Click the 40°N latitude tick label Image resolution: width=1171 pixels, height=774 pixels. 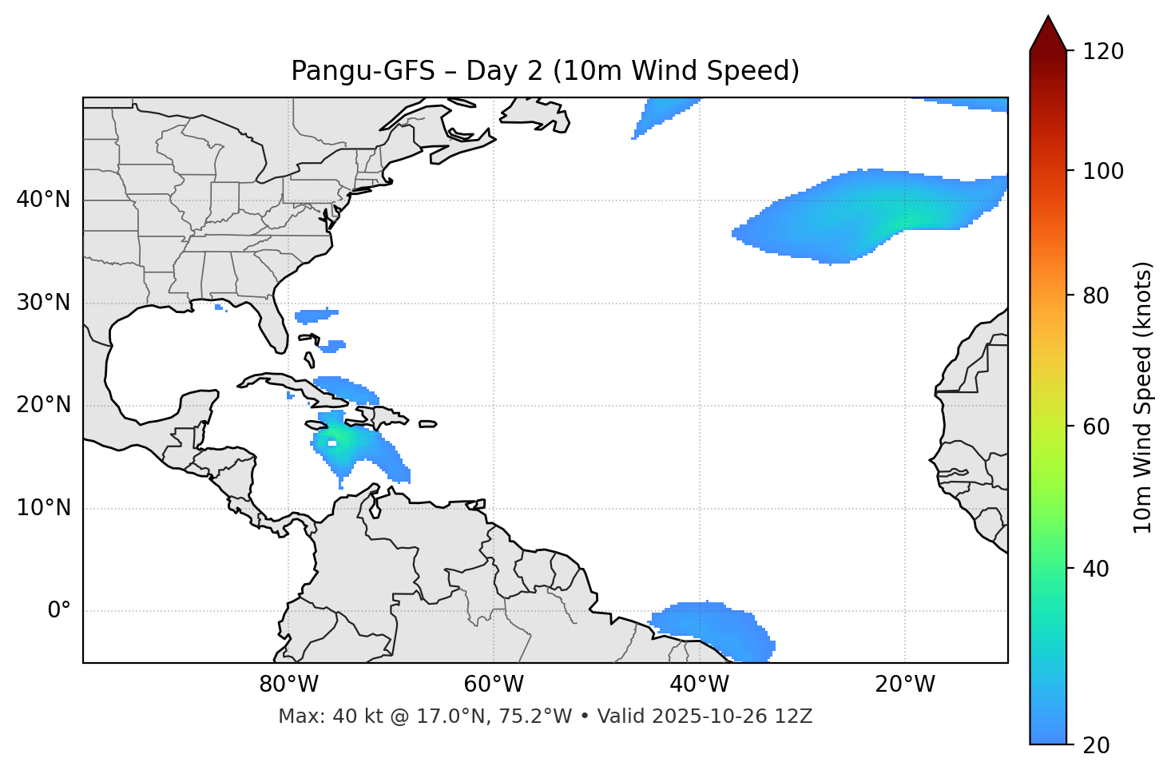tap(43, 200)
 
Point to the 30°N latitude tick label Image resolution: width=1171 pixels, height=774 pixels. tap(43, 303)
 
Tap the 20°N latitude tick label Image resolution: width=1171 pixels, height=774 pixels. tap(43, 405)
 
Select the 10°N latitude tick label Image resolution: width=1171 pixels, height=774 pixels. tap(43, 508)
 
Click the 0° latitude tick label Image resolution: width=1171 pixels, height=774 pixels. tap(59, 611)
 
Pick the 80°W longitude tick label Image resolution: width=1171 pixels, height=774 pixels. tap(288, 685)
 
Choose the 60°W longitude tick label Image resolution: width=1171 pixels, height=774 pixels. tap(494, 685)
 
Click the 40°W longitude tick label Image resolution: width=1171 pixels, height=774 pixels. tap(700, 685)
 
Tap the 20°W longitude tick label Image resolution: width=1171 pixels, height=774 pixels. tap(905, 685)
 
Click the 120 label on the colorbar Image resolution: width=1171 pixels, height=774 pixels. tap(1103, 51)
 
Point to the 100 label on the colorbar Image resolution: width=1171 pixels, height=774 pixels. tap(1103, 171)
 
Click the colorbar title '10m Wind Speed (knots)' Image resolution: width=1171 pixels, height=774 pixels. tap(1143, 398)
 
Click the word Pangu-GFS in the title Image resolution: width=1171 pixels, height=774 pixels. tap(363, 71)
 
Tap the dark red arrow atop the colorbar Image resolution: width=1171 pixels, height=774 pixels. tap(1048, 34)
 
